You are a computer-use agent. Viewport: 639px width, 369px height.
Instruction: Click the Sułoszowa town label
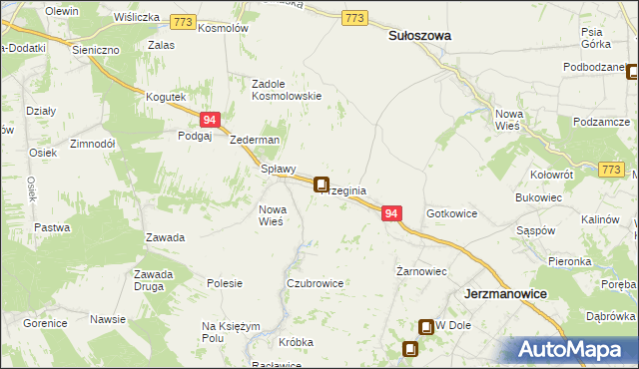coord(418,35)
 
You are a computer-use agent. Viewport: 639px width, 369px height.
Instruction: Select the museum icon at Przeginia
coord(321,184)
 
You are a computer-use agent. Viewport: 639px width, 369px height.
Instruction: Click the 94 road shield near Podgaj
coord(209,120)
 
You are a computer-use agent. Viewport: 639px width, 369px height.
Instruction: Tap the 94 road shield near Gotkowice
coord(391,214)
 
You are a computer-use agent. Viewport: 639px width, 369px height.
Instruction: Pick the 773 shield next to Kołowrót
coord(612,171)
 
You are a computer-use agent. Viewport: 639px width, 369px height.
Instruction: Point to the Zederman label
coord(255,141)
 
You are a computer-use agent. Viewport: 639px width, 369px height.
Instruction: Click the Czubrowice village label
coord(315,283)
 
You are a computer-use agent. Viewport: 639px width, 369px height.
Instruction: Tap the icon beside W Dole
coord(426,326)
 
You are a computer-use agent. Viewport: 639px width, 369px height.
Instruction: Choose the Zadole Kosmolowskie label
coord(287,90)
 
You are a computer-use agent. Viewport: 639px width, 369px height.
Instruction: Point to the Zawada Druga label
coord(154,280)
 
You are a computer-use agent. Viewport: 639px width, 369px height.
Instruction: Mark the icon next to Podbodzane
coord(632,71)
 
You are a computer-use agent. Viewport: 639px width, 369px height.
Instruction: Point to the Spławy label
coord(278,169)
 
